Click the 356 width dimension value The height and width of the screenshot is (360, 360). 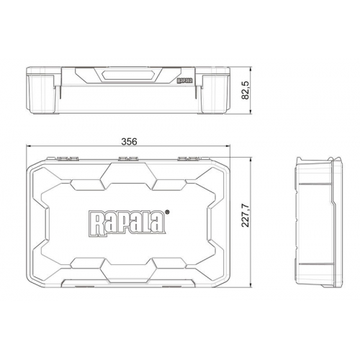129,141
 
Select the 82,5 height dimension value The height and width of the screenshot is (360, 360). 246,90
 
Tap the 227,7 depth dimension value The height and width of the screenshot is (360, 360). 246,215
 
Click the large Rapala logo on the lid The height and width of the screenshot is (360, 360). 127,223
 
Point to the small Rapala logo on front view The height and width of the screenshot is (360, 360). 185,81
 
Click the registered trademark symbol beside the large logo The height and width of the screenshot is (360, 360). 167,212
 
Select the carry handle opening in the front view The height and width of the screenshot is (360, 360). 127,75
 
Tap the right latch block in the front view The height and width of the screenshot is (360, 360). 214,94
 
